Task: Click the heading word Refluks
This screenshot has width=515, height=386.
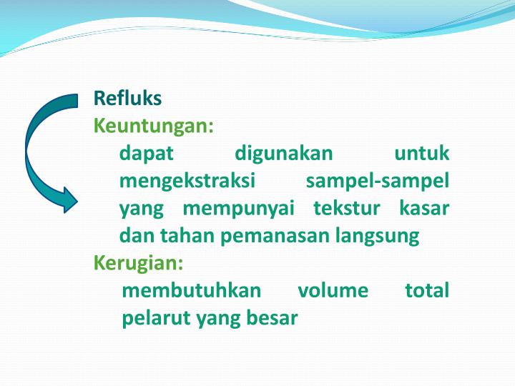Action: coord(128,98)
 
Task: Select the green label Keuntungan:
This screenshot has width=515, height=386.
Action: coord(154,127)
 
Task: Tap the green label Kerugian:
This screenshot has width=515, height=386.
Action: coord(139,263)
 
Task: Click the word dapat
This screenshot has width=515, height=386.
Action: coord(147,154)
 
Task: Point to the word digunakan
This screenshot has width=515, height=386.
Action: coord(284,154)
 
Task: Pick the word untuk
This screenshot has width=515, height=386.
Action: coord(422,154)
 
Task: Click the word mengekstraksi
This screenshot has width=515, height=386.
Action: coord(187,182)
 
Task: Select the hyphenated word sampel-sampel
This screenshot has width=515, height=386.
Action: coord(378,182)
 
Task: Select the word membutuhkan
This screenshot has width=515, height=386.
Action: coord(192,291)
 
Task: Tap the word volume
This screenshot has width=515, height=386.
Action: coord(333,291)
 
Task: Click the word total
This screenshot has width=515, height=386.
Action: coord(427,291)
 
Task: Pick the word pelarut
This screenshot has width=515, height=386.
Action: coord(154,318)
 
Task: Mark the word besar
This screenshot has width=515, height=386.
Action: coord(271,318)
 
